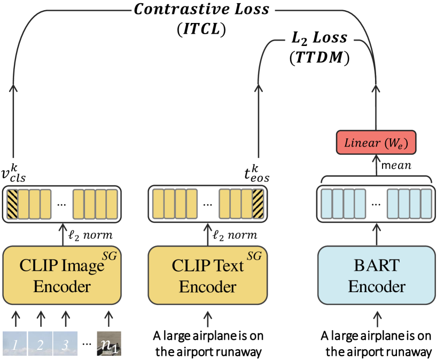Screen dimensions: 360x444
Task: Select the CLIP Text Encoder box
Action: pos(207,276)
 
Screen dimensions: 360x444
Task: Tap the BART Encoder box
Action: pos(377,276)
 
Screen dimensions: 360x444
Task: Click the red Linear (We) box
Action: pos(376,143)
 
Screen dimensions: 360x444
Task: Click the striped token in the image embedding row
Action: pos(12,204)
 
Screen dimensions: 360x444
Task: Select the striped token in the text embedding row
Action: pos(258,204)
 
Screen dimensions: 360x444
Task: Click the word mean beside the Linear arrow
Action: pos(396,166)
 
